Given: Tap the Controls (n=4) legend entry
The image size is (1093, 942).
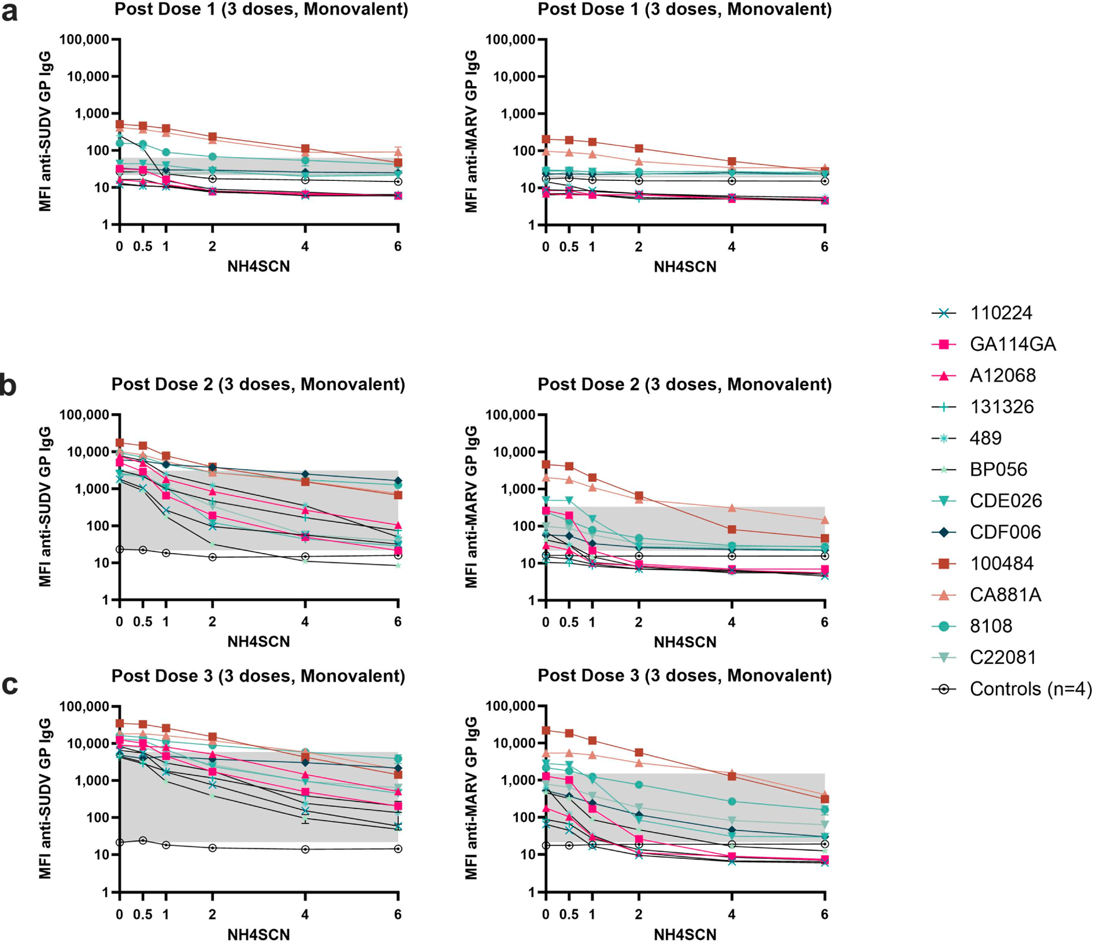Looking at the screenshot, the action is [1012, 689].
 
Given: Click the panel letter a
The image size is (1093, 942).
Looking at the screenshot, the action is [9, 12].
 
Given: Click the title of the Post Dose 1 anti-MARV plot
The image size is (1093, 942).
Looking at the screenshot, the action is [684, 9].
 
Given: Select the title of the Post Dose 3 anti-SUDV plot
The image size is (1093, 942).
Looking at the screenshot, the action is [258, 676].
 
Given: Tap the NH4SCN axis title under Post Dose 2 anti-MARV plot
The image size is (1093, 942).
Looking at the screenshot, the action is [685, 642].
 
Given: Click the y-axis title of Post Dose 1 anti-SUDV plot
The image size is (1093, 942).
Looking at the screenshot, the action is [45, 131].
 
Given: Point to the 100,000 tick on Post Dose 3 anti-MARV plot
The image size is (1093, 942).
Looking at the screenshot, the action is [511, 706].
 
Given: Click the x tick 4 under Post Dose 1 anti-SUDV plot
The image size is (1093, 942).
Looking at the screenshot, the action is [305, 246].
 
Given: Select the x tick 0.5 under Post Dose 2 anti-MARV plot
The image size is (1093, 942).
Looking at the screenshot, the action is [569, 622].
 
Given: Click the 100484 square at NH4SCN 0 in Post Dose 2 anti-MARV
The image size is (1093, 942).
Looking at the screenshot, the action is [546, 464].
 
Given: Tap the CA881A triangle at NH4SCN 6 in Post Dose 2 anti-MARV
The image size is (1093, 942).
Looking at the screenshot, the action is [825, 520].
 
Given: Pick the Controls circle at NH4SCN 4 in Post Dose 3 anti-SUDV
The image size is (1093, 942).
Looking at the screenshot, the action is [305, 849].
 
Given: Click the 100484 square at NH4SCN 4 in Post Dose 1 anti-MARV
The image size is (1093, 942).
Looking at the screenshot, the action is [732, 161].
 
